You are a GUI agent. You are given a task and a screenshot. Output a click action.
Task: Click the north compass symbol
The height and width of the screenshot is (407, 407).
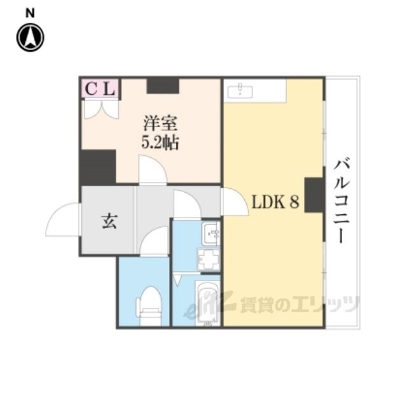click(30, 38)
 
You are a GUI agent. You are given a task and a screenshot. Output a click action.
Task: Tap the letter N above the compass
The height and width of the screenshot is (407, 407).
click(30, 13)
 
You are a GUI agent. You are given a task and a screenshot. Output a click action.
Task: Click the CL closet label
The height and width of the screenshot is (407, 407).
click(100, 89)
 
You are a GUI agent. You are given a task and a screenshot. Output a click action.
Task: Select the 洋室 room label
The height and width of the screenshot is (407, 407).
click(160, 123)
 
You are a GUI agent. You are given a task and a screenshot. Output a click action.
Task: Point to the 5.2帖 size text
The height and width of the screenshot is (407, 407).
click(160, 142)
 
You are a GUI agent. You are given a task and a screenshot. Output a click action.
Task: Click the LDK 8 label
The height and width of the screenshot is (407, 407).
click(275, 202)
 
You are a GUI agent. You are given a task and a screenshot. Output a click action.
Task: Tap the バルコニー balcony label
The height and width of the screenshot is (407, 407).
click(342, 202)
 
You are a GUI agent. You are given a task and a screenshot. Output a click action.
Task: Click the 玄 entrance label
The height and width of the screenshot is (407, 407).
click(110, 221)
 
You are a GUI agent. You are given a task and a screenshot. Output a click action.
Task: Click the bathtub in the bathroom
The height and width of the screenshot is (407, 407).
click(208, 303)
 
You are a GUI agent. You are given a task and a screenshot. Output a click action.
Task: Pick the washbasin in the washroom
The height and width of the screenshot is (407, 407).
click(210, 234)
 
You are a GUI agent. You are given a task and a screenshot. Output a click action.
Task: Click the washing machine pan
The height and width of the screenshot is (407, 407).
click(209, 259)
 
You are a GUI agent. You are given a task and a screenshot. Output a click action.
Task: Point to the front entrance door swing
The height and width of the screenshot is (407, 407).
click(62, 219)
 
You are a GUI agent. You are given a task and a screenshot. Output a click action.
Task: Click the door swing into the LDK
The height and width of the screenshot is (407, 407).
click(235, 202)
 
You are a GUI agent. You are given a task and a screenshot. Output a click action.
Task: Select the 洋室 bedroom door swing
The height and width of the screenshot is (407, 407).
click(153, 170)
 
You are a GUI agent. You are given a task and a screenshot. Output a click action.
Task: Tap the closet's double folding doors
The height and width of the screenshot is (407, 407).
click(100, 109)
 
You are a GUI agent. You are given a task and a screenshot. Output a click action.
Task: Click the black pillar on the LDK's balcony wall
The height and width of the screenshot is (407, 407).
click(314, 195)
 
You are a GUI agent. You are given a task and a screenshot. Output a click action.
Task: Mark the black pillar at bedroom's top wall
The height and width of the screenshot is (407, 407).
click(163, 86)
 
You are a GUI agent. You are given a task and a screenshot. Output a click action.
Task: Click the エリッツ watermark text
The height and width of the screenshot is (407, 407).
click(326, 305)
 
